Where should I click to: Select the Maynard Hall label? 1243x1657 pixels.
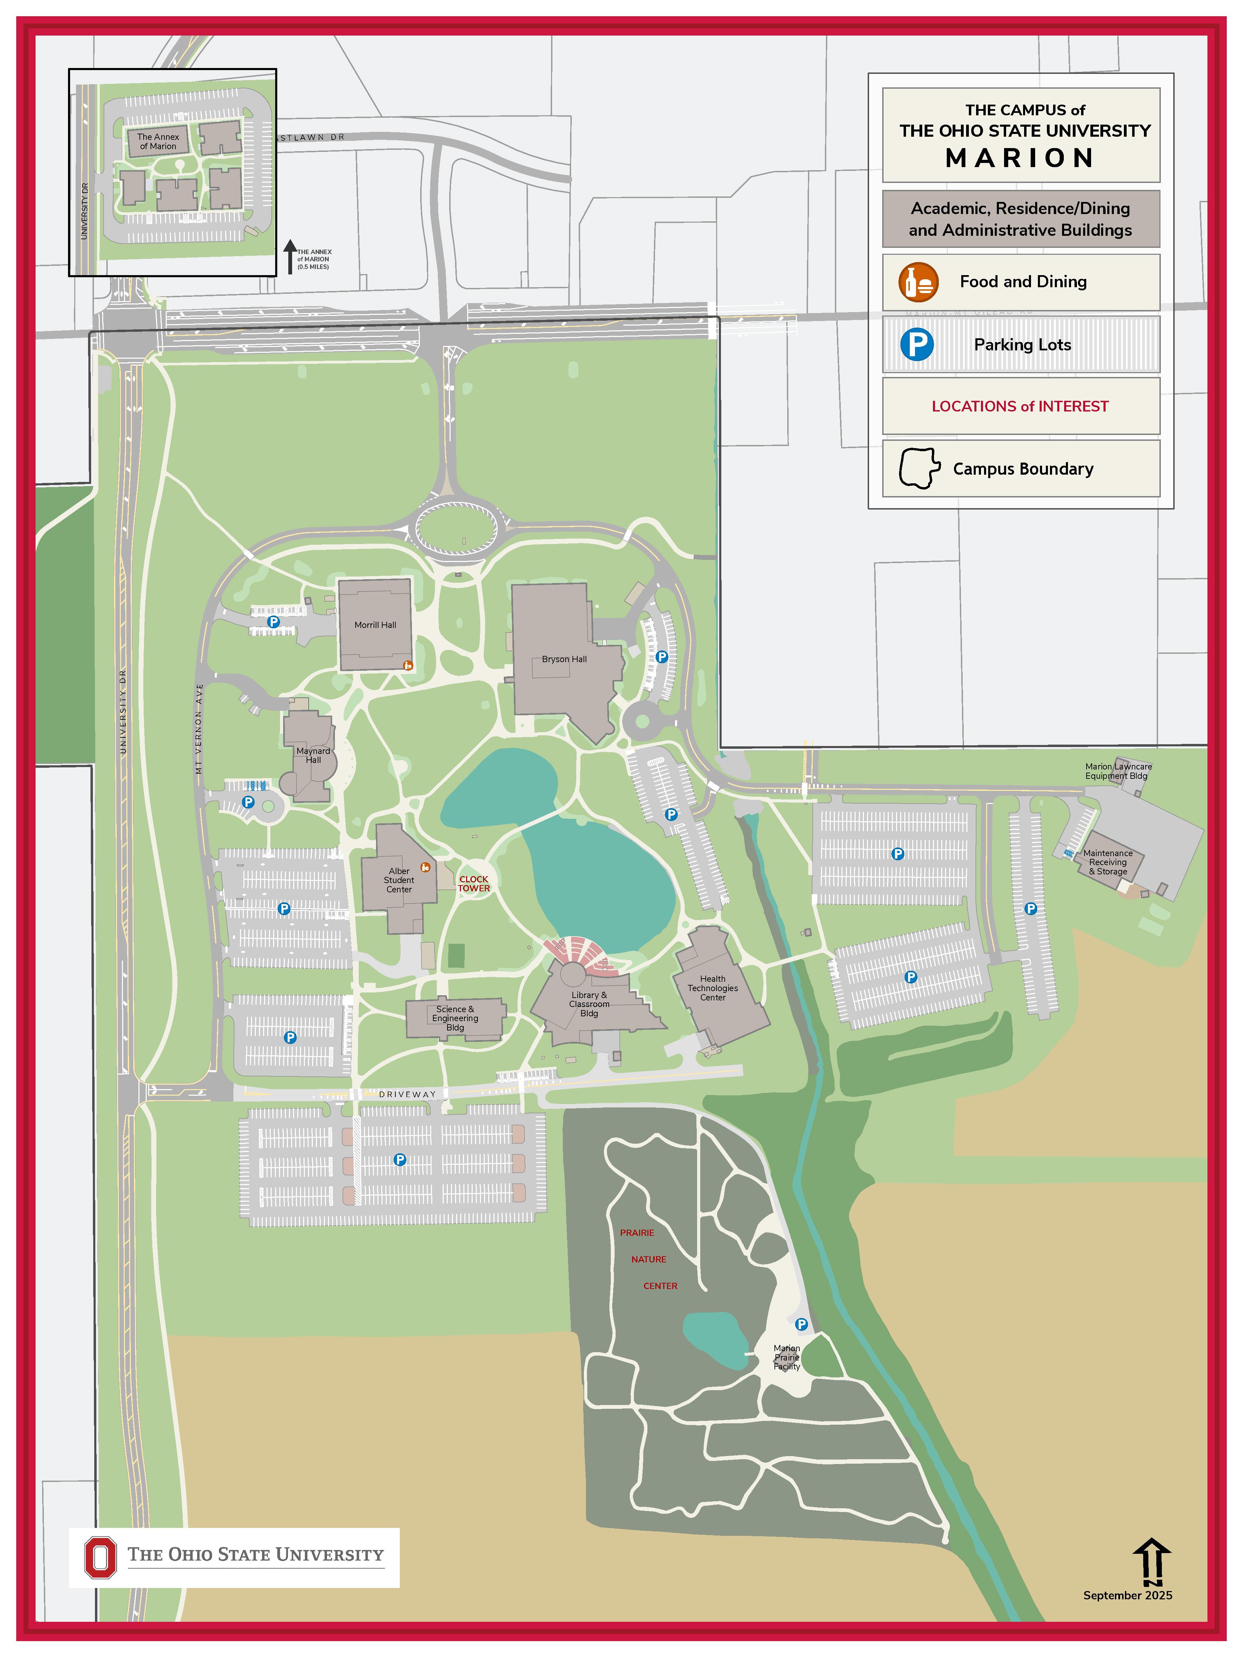click(x=313, y=755)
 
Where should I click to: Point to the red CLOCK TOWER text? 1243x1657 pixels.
click(x=473, y=884)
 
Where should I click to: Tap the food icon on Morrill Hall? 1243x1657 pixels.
click(x=407, y=665)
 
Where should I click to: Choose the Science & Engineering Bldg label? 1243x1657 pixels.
click(x=455, y=1018)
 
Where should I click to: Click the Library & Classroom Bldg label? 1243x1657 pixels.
click(x=589, y=1004)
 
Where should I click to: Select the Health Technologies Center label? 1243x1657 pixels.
click(x=713, y=988)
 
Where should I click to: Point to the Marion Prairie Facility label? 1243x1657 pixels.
click(x=787, y=1357)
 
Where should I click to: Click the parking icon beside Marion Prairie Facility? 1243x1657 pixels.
click(x=801, y=1325)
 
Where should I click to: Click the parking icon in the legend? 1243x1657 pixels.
click(x=916, y=345)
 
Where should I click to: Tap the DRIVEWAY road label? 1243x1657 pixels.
click(x=407, y=1094)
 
